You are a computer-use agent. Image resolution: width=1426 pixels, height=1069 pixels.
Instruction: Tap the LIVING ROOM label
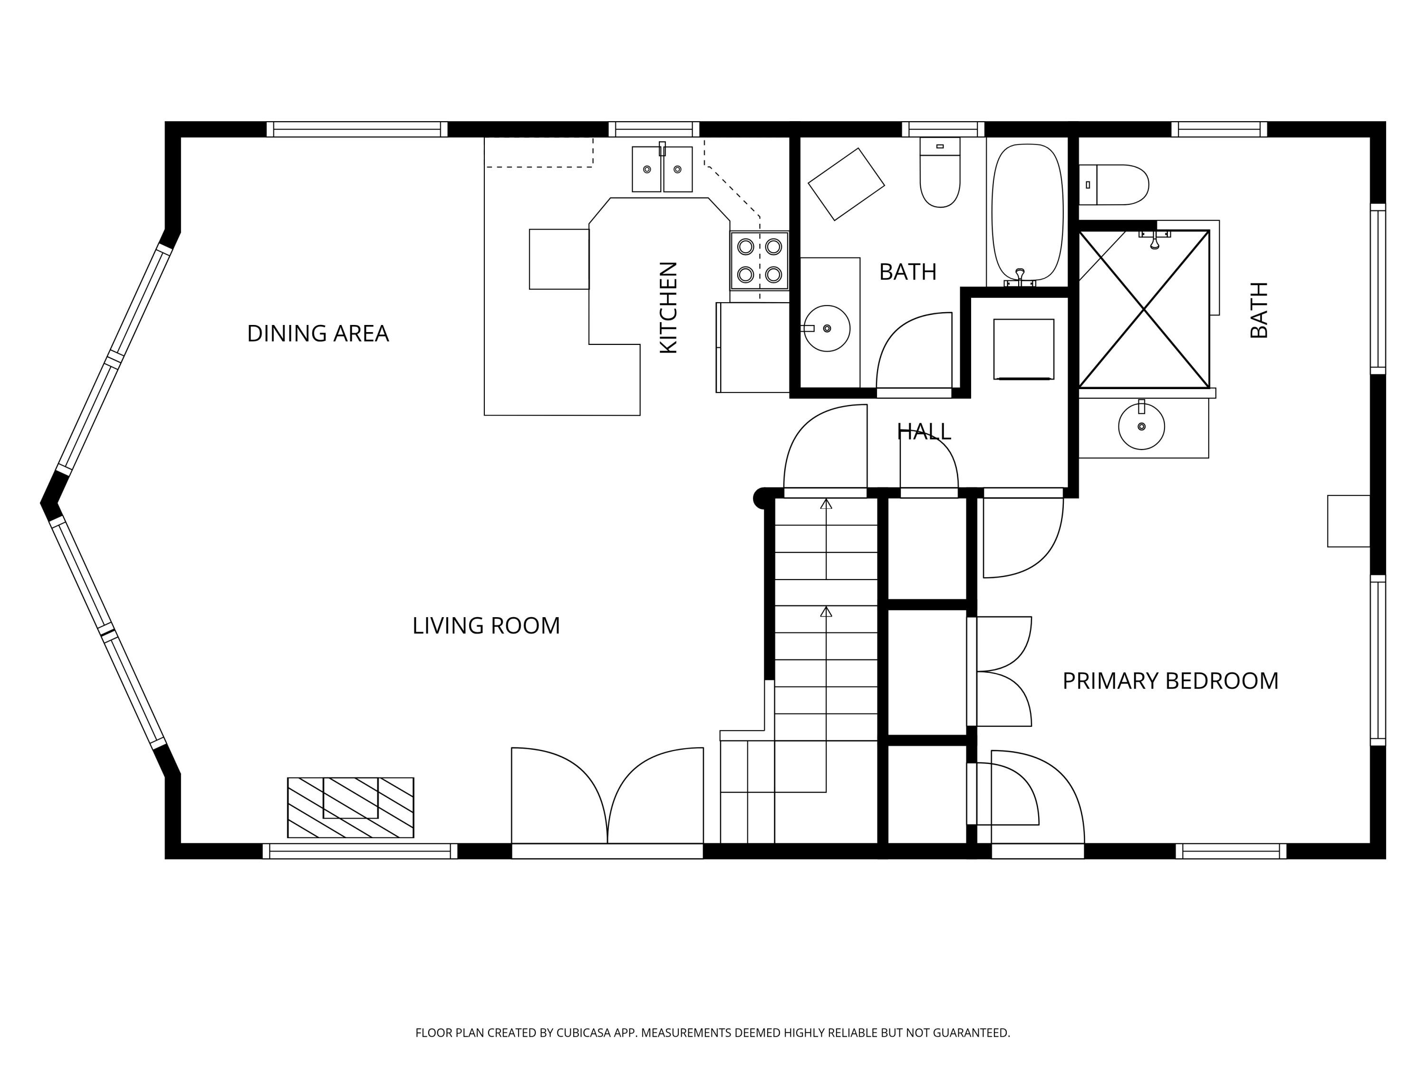(x=486, y=626)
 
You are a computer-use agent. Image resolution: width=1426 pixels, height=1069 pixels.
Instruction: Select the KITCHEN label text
(x=668, y=307)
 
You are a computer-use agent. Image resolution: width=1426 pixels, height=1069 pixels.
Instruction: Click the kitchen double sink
(x=662, y=169)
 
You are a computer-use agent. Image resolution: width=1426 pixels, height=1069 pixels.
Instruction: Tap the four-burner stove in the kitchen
(x=760, y=260)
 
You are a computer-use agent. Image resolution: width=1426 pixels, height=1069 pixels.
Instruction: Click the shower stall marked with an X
(x=1144, y=309)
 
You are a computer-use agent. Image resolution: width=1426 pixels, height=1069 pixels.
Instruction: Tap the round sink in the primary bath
(x=1141, y=427)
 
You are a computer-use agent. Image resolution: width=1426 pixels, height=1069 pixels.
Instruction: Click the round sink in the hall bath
(x=827, y=329)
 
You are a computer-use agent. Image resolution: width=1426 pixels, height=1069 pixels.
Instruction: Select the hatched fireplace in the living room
(x=350, y=807)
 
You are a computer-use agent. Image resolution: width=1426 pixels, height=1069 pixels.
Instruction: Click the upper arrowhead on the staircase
(x=826, y=504)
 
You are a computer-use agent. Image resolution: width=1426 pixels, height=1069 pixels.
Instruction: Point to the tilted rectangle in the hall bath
(x=846, y=184)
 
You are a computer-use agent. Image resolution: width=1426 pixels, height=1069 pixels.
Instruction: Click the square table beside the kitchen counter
(x=559, y=259)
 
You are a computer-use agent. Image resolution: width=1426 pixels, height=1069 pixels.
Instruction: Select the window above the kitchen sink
(x=654, y=129)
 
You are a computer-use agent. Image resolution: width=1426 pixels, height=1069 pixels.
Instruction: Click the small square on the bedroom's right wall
(x=1348, y=521)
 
